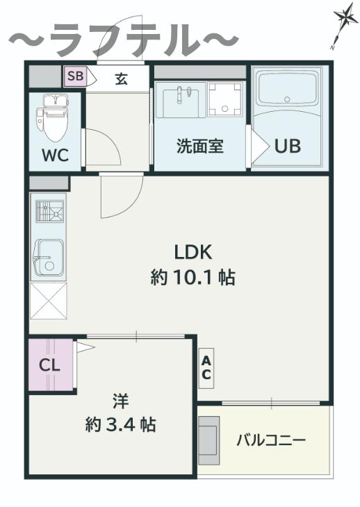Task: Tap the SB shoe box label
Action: (x=75, y=76)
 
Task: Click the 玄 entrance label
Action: (x=121, y=78)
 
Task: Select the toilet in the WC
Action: (x=54, y=117)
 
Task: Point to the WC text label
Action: (x=56, y=155)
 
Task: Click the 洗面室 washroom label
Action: (x=200, y=146)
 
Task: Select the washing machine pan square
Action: (x=224, y=99)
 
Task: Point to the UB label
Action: (x=288, y=146)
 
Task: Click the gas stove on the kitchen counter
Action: (x=49, y=211)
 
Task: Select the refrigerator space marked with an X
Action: (x=48, y=301)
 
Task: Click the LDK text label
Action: (x=193, y=252)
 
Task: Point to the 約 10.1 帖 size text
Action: (x=193, y=277)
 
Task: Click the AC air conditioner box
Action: (x=206, y=368)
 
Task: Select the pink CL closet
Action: (x=50, y=365)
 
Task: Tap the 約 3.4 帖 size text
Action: (x=120, y=425)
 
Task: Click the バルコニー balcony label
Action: (x=271, y=440)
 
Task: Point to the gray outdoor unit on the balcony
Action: (x=208, y=440)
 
